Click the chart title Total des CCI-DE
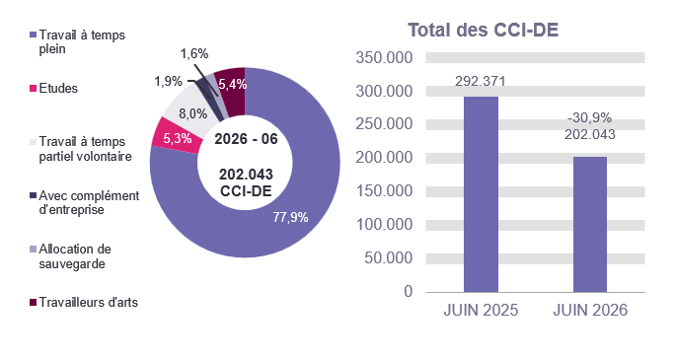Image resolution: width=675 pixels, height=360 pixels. pyautogui.click(x=483, y=31)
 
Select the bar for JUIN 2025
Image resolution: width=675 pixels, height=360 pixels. pyautogui.click(x=481, y=194)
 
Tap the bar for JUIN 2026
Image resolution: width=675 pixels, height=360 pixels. pyautogui.click(x=590, y=225)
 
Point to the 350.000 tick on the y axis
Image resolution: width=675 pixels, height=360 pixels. pyautogui.click(x=384, y=57)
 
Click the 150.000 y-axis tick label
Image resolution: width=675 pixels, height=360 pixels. pyautogui.click(x=384, y=191)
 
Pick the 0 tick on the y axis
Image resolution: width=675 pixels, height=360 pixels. pyautogui.click(x=409, y=292)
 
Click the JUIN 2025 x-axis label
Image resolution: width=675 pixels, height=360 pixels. pyautogui.click(x=481, y=310)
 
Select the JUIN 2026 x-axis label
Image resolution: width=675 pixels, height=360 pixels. pyautogui.click(x=590, y=310)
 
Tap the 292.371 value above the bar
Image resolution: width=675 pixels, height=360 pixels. pyautogui.click(x=481, y=81)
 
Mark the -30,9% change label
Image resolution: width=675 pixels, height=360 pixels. pyautogui.click(x=590, y=117)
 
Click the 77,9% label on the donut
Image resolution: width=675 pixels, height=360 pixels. pyautogui.click(x=290, y=218)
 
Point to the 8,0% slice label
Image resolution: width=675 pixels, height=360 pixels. pyautogui.click(x=192, y=114)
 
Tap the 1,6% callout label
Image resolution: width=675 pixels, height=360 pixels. pyautogui.click(x=194, y=54)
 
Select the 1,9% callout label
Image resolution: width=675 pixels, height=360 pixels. pyautogui.click(x=169, y=81)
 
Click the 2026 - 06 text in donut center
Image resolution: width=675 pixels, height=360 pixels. pyautogui.click(x=246, y=139)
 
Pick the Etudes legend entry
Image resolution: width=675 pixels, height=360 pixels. pyautogui.click(x=54, y=89)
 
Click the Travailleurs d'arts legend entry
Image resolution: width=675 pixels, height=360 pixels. pyautogui.click(x=84, y=303)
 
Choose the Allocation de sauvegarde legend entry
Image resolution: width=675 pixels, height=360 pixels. pyautogui.click(x=70, y=256)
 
